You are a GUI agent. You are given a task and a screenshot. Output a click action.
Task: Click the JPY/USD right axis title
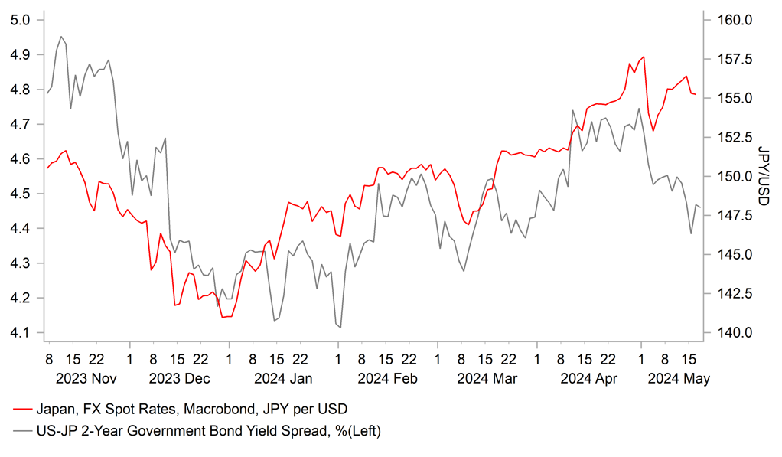(763, 176)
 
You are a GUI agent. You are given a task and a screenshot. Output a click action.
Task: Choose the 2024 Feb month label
(386, 378)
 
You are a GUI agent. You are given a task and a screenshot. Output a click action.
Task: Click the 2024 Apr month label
(588, 378)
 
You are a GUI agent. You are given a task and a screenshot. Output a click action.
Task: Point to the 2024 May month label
(677, 378)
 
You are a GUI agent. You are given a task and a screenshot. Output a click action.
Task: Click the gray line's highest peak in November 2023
(61, 36)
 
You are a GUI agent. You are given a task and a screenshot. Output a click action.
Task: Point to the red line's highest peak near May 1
(644, 57)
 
